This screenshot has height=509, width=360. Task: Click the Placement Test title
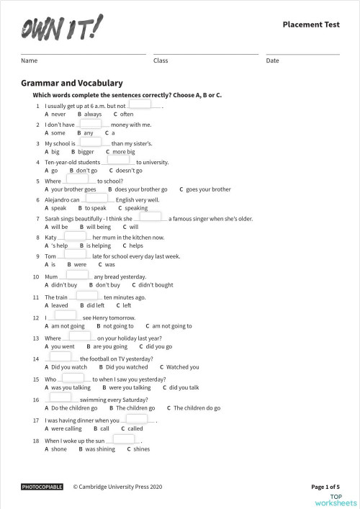pyautogui.click(x=310, y=25)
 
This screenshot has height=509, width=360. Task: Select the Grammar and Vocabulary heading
pyautogui.click(x=71, y=84)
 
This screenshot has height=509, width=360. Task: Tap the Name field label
pyautogui.click(x=29, y=60)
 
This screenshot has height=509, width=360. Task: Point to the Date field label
pyautogui.click(x=272, y=60)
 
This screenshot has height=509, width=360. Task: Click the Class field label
pyautogui.click(x=161, y=60)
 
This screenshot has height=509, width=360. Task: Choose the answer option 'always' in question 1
pyautogui.click(x=92, y=114)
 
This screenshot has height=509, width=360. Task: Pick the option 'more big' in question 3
pyautogui.click(x=123, y=152)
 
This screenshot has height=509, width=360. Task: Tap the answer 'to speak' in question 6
pyautogui.click(x=95, y=208)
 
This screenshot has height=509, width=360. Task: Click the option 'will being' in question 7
pyautogui.click(x=99, y=227)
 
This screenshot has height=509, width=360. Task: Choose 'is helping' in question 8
pyautogui.click(x=99, y=246)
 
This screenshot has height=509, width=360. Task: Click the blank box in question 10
pyautogui.click(x=77, y=276)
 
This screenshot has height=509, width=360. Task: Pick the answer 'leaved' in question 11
pyautogui.click(x=58, y=305)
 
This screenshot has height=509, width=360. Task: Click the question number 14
pyautogui.click(x=35, y=359)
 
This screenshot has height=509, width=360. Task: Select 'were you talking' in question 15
pyautogui.click(x=130, y=387)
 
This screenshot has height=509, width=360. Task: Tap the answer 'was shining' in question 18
pyautogui.click(x=100, y=449)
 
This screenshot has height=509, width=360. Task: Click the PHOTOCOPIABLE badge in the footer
pyautogui.click(x=42, y=487)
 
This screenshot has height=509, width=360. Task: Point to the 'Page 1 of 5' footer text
pyautogui.click(x=325, y=487)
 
